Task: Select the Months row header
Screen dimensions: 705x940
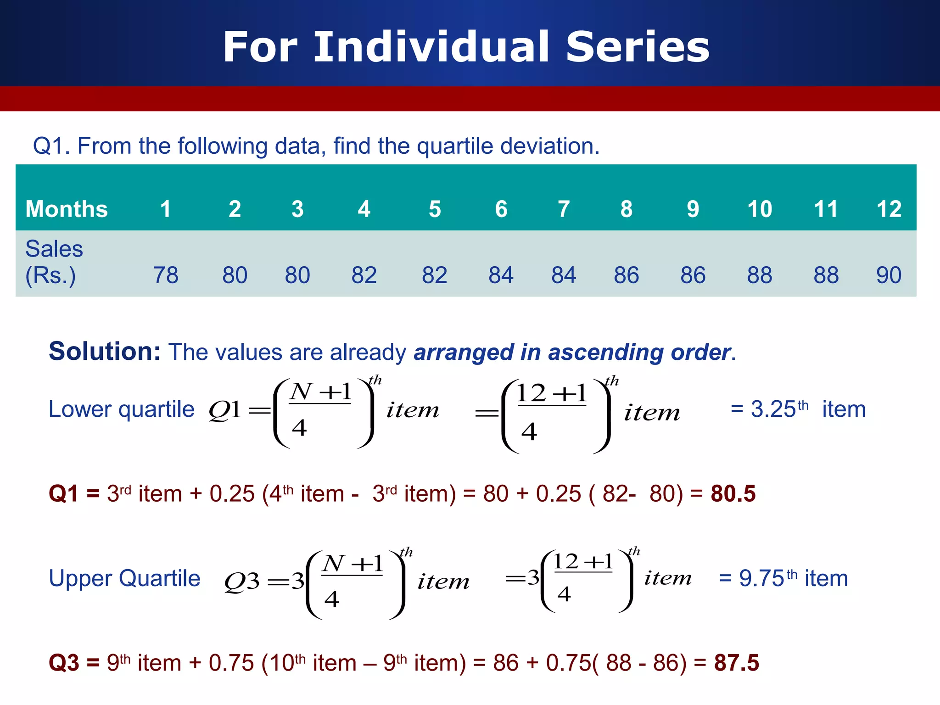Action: click(67, 209)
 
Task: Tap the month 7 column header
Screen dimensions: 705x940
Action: click(564, 209)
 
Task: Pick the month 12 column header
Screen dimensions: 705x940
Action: click(889, 209)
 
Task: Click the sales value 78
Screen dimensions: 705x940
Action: click(166, 275)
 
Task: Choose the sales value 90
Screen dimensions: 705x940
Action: click(889, 275)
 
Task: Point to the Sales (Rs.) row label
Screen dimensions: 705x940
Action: click(54, 262)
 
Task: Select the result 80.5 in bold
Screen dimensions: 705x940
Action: click(733, 494)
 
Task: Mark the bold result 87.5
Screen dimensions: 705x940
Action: click(736, 663)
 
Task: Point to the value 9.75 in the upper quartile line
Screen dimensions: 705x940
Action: click(761, 578)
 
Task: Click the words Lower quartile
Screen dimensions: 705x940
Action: click(122, 409)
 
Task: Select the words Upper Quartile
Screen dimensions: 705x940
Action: click(124, 578)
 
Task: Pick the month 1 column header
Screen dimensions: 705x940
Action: click(166, 209)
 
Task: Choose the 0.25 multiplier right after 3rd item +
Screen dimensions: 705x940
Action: click(232, 494)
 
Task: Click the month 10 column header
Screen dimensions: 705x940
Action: click(760, 209)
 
